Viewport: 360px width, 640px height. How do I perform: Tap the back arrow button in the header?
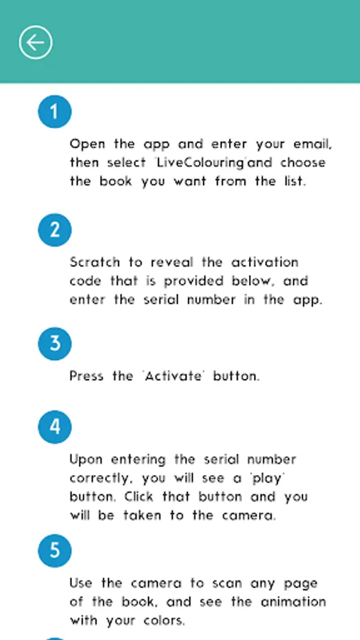pos(36,43)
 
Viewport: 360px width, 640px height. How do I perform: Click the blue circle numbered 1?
pos(55,112)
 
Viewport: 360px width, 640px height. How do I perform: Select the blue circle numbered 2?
pos(55,230)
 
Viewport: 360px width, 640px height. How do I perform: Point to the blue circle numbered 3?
pos(55,343)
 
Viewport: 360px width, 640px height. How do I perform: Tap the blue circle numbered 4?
pos(55,427)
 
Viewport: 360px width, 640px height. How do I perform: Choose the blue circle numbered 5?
pos(55,550)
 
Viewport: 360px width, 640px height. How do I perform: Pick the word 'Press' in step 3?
pos(87,375)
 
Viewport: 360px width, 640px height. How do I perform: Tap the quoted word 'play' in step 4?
pos(268,479)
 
